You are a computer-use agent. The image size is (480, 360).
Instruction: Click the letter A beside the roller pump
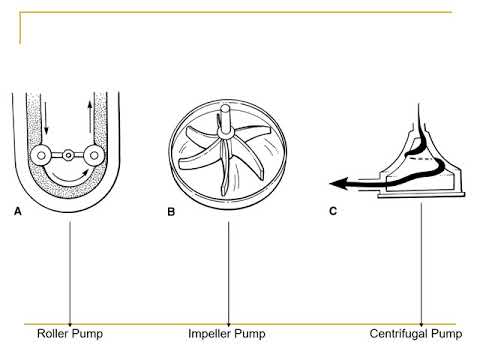[18, 211]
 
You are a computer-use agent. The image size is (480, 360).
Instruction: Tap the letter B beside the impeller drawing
[171, 212]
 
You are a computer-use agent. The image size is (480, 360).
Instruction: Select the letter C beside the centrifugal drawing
[333, 211]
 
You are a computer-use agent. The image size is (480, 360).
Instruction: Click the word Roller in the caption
[53, 333]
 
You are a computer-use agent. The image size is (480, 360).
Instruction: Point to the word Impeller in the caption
[210, 333]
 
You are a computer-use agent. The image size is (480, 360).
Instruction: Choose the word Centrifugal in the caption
[399, 333]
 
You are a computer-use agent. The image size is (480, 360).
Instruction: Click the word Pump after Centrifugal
[447, 334]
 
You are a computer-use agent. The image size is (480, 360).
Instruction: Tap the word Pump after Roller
[88, 334]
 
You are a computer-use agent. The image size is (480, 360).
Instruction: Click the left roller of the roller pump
[41, 155]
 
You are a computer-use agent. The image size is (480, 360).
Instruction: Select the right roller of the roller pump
[94, 155]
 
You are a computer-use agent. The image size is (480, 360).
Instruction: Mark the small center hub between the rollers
[68, 155]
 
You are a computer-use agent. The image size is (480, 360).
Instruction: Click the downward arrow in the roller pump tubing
[46, 118]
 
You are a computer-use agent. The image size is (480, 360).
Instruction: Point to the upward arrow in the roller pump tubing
[90, 117]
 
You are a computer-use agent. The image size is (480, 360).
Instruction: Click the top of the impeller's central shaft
[225, 108]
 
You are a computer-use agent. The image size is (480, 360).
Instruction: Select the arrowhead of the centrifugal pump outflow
[338, 183]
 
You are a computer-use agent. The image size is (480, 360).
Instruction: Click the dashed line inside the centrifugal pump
[419, 159]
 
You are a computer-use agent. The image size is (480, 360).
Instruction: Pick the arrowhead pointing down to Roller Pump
[70, 325]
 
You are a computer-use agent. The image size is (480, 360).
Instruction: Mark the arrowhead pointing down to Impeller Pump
[229, 325]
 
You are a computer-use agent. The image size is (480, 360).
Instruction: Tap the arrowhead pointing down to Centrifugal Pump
[421, 325]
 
